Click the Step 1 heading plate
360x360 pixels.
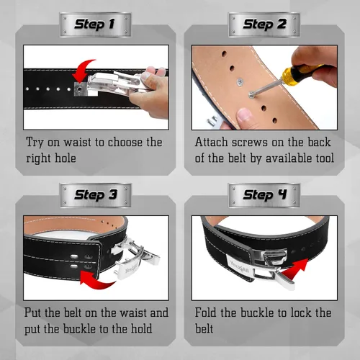pyautogui.click(x=95, y=24)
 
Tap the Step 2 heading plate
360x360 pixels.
pyautogui.click(x=264, y=24)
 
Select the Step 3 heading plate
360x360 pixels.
pyautogui.click(x=95, y=195)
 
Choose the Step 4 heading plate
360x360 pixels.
pyautogui.click(x=264, y=195)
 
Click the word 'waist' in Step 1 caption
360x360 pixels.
pyautogui.click(x=78, y=142)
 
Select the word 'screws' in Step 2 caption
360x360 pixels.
pyautogui.click(x=249, y=142)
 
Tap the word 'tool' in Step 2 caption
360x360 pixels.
pyautogui.click(x=325, y=158)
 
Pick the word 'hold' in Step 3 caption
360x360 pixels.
pyautogui.click(x=141, y=328)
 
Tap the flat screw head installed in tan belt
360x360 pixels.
pyautogui.click(x=240, y=82)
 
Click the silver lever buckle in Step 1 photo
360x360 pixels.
pyautogui.click(x=114, y=83)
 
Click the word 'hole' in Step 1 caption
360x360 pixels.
pyautogui.click(x=66, y=158)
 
